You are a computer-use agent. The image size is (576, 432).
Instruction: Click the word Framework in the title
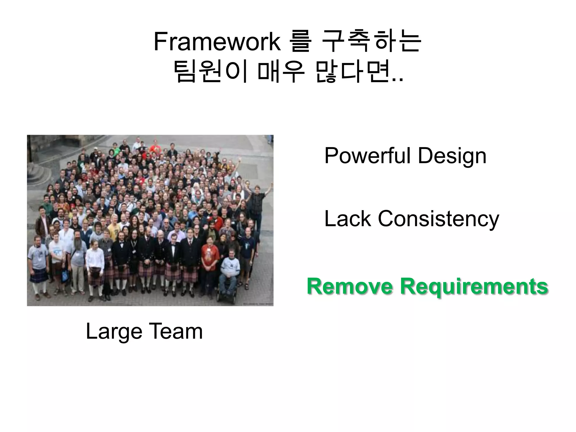coord(217,42)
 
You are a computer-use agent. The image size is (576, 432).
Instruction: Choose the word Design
coord(452,156)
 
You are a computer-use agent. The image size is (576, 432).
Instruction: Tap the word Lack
coord(348,219)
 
